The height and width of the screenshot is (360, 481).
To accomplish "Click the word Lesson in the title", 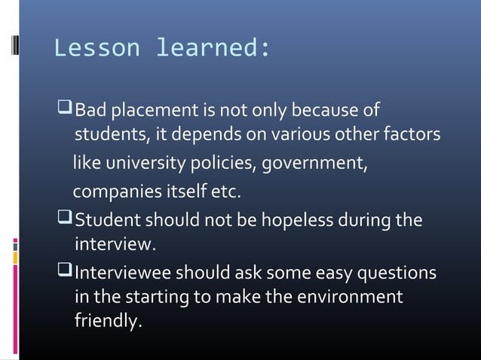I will (x=97, y=48).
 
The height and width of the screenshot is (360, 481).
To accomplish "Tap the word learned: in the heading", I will (x=212, y=48).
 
